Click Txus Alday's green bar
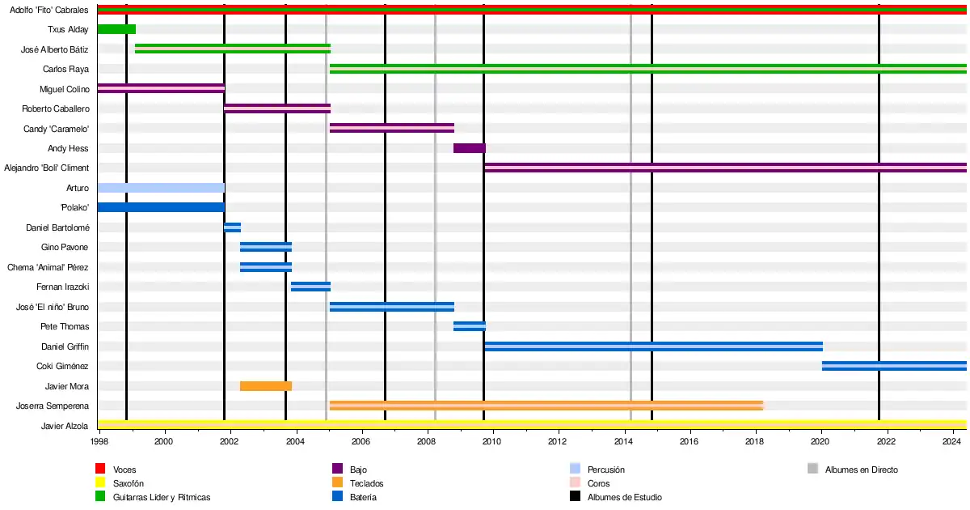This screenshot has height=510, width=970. point(116,29)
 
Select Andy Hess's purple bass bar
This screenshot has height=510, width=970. point(469,148)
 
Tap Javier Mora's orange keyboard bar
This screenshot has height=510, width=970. point(266,386)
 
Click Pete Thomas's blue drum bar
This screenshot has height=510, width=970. point(469,326)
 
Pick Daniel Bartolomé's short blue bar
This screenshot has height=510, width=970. point(232,227)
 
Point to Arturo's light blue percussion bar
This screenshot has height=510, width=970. point(161,188)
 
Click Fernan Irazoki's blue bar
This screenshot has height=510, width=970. point(310,287)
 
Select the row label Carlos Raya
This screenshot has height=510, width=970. point(65,69)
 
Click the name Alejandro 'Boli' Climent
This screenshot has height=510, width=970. point(46,168)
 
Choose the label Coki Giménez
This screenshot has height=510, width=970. point(63,366)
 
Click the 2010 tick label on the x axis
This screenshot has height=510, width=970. point(491,441)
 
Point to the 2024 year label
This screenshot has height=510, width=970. point(951,441)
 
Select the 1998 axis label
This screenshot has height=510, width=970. point(99,441)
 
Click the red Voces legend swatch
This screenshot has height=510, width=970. point(100,470)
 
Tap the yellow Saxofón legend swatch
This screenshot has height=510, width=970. point(100,483)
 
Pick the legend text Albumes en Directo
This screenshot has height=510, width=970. point(861,470)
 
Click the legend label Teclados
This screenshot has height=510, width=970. point(366,483)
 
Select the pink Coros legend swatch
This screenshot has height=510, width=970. point(575,483)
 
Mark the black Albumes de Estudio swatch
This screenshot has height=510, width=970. point(575,497)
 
